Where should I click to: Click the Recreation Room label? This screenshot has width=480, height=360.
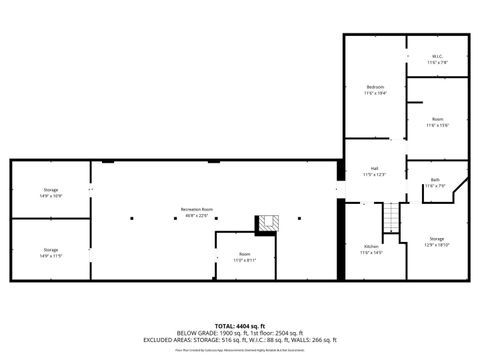click(196, 209)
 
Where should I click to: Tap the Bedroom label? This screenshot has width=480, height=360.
click(375, 88)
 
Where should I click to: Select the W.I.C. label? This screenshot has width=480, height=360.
click(437, 56)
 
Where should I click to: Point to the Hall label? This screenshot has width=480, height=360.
click(374, 168)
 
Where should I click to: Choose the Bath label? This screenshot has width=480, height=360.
click(435, 179)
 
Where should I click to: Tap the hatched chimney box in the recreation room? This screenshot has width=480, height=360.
click(266, 223)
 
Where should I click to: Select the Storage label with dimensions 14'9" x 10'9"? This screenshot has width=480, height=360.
click(50, 190)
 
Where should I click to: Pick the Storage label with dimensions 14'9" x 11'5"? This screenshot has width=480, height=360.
click(50, 250)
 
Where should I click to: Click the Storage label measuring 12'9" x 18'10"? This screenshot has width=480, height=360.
click(437, 239)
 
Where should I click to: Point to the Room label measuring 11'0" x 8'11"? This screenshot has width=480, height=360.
click(244, 254)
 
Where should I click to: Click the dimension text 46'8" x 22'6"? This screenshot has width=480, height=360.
click(196, 215)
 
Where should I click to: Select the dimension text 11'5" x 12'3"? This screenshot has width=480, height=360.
click(374, 174)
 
